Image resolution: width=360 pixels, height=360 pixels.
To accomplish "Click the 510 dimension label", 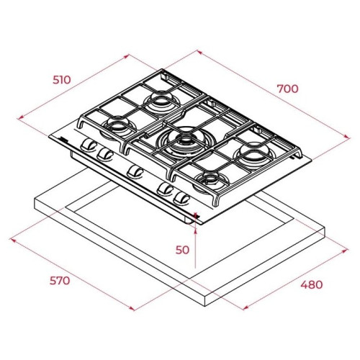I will (61, 79).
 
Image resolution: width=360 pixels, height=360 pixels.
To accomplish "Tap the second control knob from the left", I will (106, 153).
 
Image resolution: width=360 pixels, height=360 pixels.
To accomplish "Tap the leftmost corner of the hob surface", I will (50, 136).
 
